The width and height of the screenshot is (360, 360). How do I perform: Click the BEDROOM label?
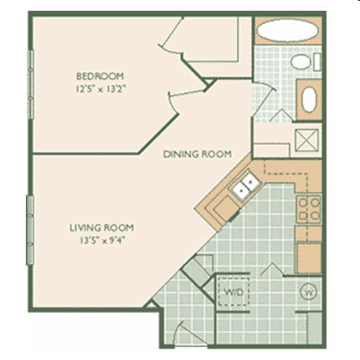pyautogui.click(x=100, y=76)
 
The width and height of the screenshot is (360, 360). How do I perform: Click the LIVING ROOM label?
pyautogui.click(x=102, y=228)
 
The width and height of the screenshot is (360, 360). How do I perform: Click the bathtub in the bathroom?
pyautogui.click(x=287, y=31)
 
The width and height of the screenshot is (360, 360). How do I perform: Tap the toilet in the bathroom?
pyautogui.click(x=302, y=61)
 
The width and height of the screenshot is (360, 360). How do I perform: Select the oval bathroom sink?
pyautogui.click(x=309, y=99)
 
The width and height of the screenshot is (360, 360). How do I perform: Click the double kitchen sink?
pyautogui.click(x=245, y=187)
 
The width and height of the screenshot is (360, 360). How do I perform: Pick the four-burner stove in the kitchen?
pyautogui.click(x=309, y=209)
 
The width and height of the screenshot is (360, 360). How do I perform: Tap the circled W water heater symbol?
pyautogui.click(x=307, y=292)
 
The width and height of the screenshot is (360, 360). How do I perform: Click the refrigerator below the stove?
pyautogui.click(x=309, y=257)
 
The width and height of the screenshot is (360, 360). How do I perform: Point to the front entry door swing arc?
pyautogui.click(x=189, y=335)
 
